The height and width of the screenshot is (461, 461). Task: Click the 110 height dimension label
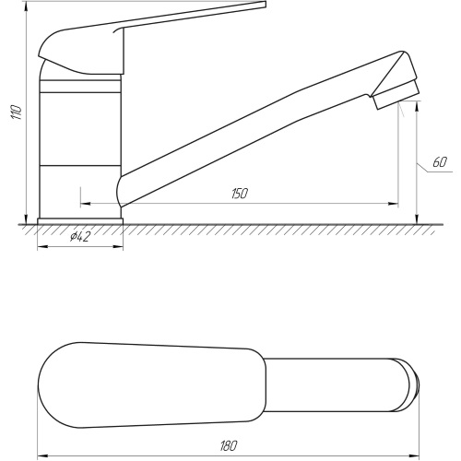coord(17,112)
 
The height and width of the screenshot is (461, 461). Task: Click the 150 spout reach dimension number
coord(240,194)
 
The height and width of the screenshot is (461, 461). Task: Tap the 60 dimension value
coord(440,162)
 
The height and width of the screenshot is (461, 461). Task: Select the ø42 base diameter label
coord(79,237)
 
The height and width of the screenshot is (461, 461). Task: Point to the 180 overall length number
coord(229,446)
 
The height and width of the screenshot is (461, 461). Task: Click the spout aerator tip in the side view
coord(396,95)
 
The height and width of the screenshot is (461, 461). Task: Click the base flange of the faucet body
coord(80,221)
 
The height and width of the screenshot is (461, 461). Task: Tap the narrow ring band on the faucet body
coord(80,87)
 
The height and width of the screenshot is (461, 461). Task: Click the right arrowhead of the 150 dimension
coord(394,204)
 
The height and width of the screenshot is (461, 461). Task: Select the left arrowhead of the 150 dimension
coord(85,204)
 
